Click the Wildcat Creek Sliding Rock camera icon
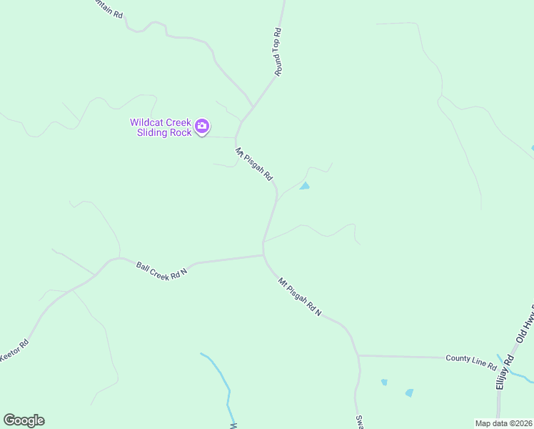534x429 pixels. tap(202, 127)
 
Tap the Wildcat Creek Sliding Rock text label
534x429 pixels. tap(161, 127)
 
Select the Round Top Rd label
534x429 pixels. tap(279, 52)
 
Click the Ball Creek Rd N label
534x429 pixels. tap(161, 271)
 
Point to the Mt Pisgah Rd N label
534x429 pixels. tap(300, 297)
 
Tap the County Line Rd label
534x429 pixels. tap(470, 362)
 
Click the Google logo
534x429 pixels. tap(24, 420)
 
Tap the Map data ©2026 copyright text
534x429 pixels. tap(503, 423)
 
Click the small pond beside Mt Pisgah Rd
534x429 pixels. tap(305, 187)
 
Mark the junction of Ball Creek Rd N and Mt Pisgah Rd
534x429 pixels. tap(263, 255)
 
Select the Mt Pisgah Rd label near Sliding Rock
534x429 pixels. tap(254, 164)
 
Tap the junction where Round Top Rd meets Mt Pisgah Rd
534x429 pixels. tap(252, 107)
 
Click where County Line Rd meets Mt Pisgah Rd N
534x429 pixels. tap(357, 355)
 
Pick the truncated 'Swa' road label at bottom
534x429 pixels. tap(359, 422)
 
